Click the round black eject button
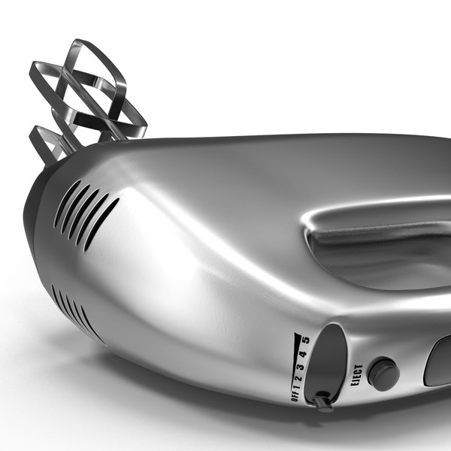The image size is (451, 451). [x=383, y=373]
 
